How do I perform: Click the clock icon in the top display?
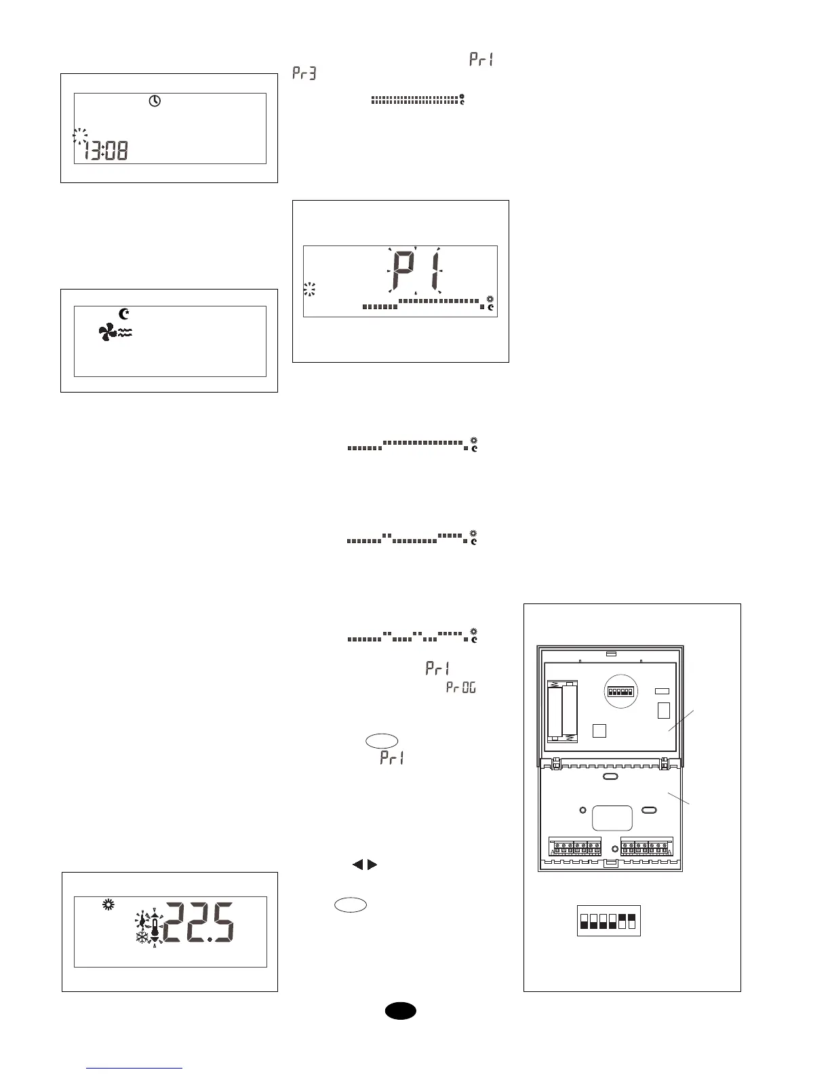(x=155, y=101)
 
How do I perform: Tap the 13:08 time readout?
(x=106, y=150)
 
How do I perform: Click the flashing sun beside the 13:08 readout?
(x=80, y=136)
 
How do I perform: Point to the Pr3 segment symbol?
(x=304, y=73)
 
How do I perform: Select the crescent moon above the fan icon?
(x=124, y=314)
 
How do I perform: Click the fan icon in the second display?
(x=107, y=332)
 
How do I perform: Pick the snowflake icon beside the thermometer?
(x=143, y=937)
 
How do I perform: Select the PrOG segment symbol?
(x=461, y=688)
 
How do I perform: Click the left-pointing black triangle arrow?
(x=357, y=864)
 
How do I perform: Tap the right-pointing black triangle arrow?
(x=372, y=864)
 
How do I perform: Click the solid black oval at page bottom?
(x=401, y=1010)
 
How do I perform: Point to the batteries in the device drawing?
(x=563, y=712)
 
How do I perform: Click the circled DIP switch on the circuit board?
(x=620, y=692)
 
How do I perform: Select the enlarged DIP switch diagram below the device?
(x=608, y=921)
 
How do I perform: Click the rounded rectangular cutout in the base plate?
(x=612, y=818)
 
